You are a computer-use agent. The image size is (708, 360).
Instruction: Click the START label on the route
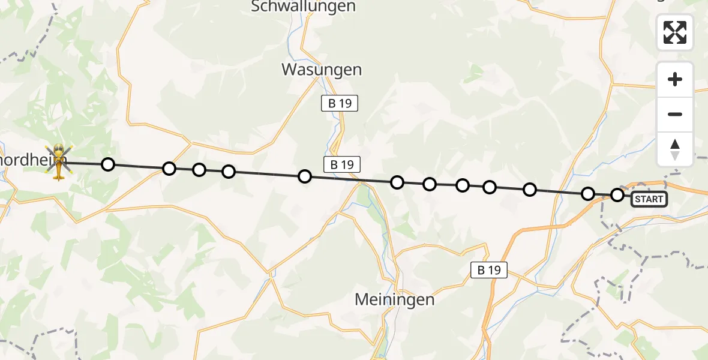pyautogui.click(x=649, y=199)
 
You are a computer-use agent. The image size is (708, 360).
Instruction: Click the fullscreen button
pyautogui.click(x=675, y=32)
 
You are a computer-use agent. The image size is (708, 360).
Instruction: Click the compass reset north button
pyautogui.click(x=675, y=149)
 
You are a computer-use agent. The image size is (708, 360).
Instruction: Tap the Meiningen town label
pyautogui.click(x=394, y=299)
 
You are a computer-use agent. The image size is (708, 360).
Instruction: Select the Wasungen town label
pyautogui.click(x=322, y=70)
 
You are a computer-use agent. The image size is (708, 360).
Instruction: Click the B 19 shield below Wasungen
pyautogui.click(x=339, y=103)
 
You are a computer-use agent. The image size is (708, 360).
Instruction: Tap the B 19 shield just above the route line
pyautogui.click(x=341, y=164)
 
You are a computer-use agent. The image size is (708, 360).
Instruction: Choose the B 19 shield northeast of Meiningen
pyautogui.click(x=488, y=270)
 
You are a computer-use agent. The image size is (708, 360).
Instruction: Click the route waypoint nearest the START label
pyautogui.click(x=617, y=194)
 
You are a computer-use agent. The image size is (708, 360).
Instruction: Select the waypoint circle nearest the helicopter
pyautogui.click(x=107, y=164)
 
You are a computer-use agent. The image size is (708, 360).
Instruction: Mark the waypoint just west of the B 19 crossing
pyautogui.click(x=305, y=176)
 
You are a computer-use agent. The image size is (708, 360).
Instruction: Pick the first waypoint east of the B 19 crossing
pyautogui.click(x=397, y=182)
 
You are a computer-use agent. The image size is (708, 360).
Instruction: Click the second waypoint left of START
pyautogui.click(x=588, y=193)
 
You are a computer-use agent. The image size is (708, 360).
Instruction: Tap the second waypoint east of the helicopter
pyautogui.click(x=169, y=169)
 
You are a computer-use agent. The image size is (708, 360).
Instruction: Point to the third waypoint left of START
pyautogui.click(x=529, y=190)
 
